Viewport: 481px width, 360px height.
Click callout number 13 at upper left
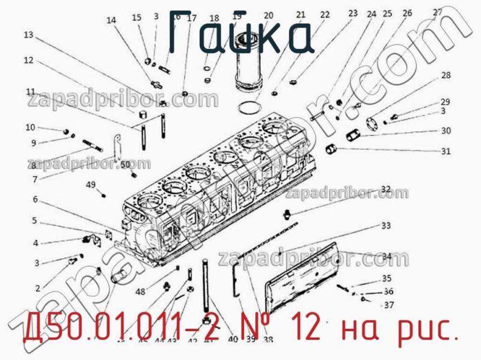tap(28, 35)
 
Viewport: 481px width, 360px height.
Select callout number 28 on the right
tap(446, 76)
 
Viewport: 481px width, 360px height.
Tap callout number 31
tap(446, 151)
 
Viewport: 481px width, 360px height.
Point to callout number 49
tap(91, 185)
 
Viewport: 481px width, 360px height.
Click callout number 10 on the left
tap(30, 127)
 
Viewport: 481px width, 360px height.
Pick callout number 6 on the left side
tap(35, 199)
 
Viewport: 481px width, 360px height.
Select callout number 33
tap(385, 226)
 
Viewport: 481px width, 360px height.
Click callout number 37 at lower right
tap(389, 305)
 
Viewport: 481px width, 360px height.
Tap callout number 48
tap(140, 292)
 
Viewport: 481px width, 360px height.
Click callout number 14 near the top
tap(111, 20)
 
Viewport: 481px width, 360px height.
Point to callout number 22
tap(325, 14)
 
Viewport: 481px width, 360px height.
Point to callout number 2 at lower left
tap(37, 288)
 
